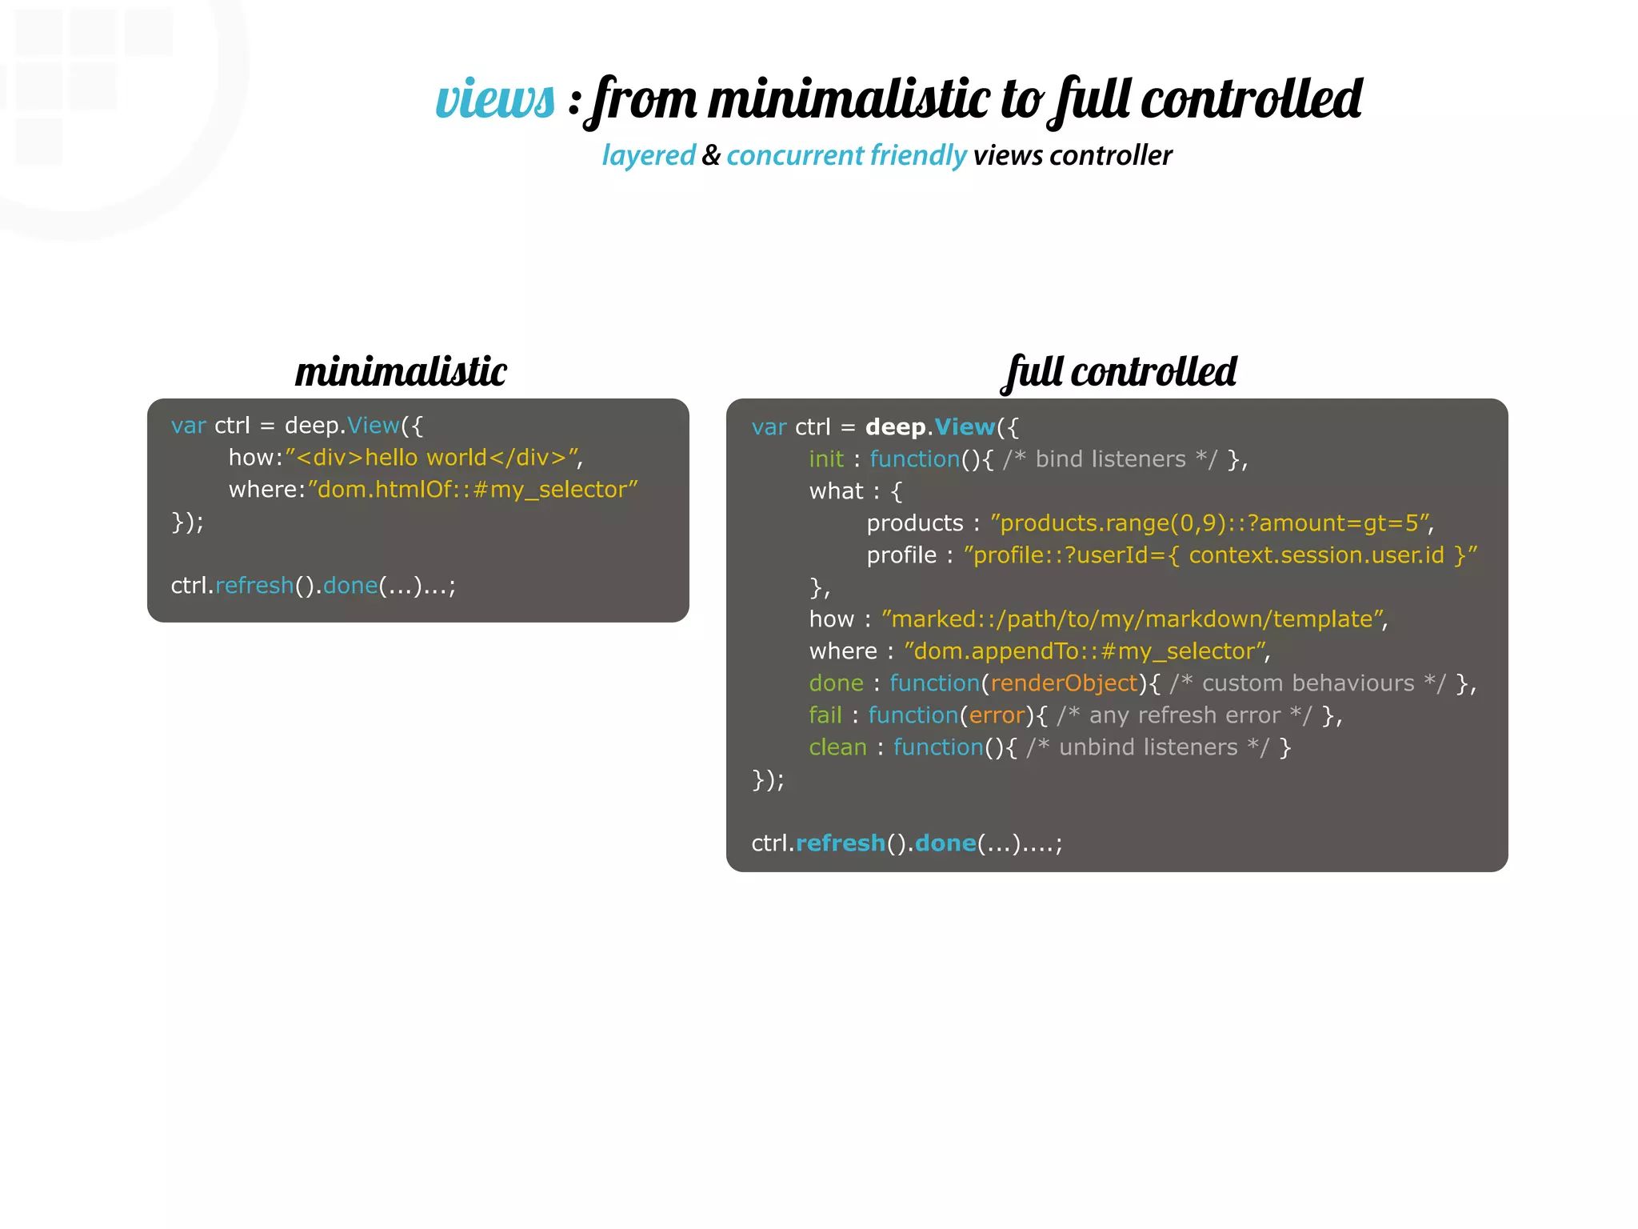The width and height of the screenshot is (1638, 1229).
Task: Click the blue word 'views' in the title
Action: [x=495, y=101]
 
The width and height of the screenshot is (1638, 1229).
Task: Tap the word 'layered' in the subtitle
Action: [x=649, y=155]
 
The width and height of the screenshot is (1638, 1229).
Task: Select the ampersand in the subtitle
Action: [x=711, y=155]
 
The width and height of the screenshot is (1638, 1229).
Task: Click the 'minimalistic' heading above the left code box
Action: [x=401, y=372]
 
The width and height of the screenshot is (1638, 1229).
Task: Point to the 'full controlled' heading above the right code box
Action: [x=1119, y=372]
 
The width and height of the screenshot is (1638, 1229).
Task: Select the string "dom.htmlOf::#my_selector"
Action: [x=473, y=490]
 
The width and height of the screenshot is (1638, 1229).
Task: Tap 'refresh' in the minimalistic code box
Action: [x=254, y=586]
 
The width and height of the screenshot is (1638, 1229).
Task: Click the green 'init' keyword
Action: [x=826, y=459]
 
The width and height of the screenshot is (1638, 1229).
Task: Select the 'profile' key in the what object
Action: [x=901, y=555]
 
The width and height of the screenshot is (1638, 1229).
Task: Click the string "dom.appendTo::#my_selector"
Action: [x=1085, y=651]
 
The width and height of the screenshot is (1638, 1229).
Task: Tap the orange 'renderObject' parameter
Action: [x=1064, y=683]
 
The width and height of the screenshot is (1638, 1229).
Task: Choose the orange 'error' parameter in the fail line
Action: [x=997, y=715]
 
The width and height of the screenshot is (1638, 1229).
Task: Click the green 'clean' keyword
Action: [x=837, y=747]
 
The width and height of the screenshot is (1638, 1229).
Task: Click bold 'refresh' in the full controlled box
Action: [x=841, y=843]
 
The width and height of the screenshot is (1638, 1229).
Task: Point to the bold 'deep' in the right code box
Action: [x=895, y=427]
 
